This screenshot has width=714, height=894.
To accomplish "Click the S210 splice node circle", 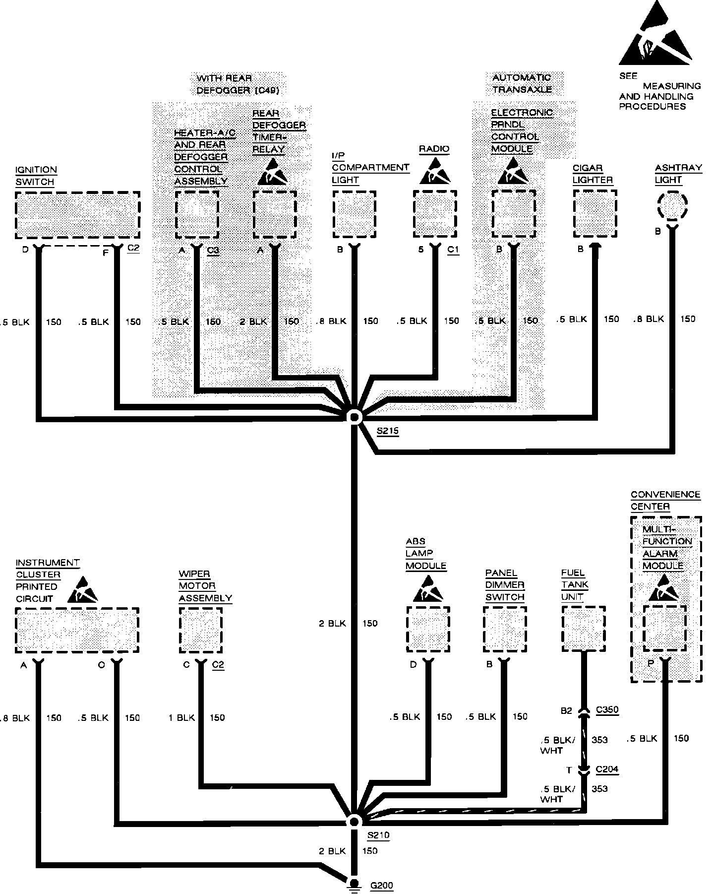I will [354, 822].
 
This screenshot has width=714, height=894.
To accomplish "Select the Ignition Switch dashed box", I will [77, 215].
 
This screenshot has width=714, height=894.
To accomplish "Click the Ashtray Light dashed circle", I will [672, 205].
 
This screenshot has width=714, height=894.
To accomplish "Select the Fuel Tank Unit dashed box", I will [583, 629].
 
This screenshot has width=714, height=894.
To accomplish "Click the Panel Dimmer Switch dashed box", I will [505, 629].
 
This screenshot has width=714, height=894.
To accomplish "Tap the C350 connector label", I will [607, 710].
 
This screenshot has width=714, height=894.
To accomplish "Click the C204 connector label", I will [607, 769].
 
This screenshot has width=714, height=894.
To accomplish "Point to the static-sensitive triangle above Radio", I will [434, 172].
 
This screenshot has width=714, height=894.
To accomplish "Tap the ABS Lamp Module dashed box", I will [428, 629].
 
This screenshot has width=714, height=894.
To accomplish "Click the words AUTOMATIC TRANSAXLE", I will [522, 83].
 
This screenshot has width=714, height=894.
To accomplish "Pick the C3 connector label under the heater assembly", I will [213, 251].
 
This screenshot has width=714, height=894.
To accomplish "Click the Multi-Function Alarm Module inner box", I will [664, 628].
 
